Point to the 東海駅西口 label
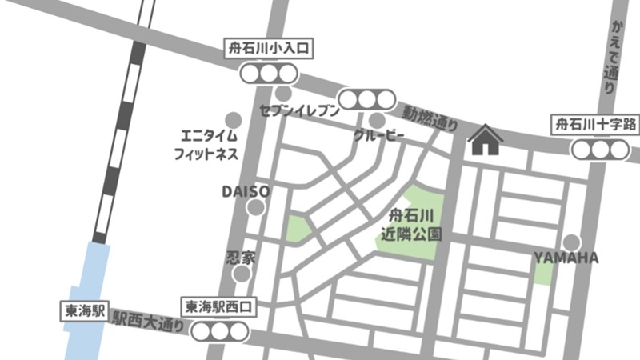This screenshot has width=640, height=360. [x=219, y=306]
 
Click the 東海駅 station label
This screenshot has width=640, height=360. [x=83, y=311]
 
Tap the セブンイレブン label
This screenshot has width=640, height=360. [x=299, y=111]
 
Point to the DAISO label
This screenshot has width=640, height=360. [x=246, y=192]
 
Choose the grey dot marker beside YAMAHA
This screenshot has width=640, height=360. [x=570, y=242]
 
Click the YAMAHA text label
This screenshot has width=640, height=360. [x=566, y=258]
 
